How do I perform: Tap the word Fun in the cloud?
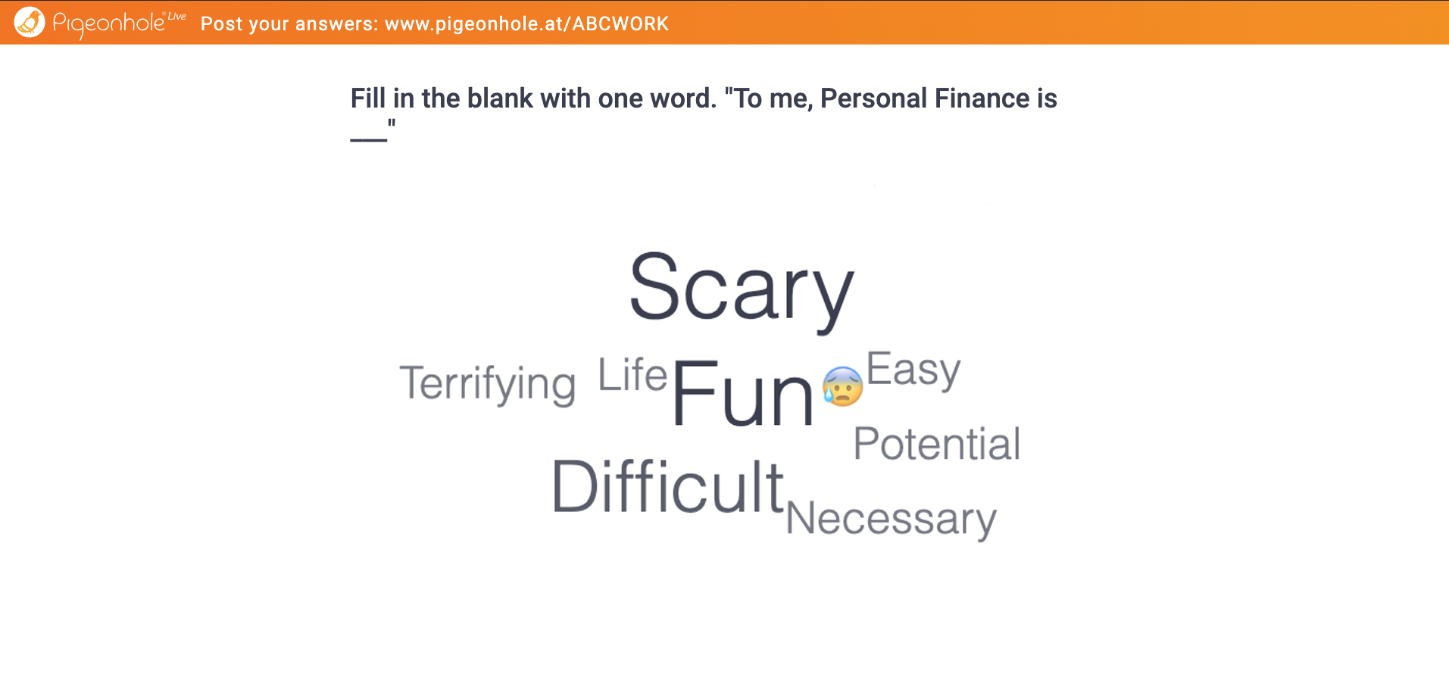click(742, 394)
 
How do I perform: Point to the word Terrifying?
click(488, 384)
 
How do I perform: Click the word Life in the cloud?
click(632, 375)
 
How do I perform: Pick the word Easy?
click(913, 370)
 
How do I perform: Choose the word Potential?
click(937, 444)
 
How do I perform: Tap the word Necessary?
click(891, 520)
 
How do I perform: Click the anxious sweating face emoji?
click(843, 386)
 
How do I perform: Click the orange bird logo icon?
click(30, 22)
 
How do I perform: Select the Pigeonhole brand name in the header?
click(108, 23)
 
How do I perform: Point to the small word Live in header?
click(176, 16)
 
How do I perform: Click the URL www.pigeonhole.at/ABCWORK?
click(526, 24)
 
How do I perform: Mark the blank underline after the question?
click(369, 140)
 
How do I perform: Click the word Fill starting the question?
click(367, 98)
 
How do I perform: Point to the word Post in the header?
click(221, 24)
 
